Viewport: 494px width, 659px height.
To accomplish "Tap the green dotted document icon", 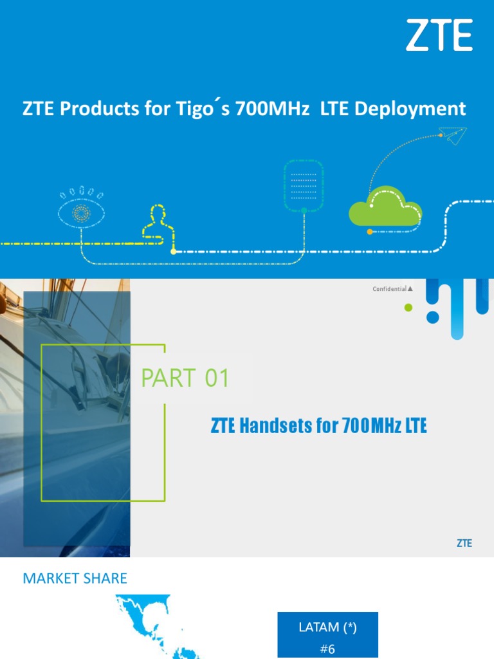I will tap(304, 185).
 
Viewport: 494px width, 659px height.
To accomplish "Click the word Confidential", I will tap(389, 289).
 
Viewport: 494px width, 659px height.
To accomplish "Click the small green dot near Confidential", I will tap(408, 308).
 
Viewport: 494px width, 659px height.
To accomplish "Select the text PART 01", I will tap(185, 379).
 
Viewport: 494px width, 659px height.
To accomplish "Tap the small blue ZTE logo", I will tap(464, 543).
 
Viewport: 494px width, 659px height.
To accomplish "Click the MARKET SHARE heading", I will tap(75, 578).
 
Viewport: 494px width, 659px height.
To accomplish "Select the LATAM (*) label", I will tap(327, 627).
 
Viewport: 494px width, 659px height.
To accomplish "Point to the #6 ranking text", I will tap(327, 649).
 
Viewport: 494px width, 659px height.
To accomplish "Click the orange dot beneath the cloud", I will tap(369, 231).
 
